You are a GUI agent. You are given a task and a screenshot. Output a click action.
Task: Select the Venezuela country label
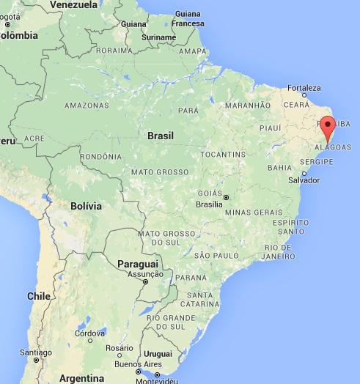[73, 5]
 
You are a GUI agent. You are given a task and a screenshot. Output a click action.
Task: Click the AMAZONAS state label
[87, 106]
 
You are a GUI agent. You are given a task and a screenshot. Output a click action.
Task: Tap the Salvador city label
[304, 180]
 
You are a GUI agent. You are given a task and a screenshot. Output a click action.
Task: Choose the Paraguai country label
[137, 263]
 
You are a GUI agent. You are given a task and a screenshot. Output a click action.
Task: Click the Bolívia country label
[85, 206]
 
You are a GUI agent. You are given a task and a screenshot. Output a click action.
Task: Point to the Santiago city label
[36, 352]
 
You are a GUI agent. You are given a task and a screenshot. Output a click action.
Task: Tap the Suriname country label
[158, 37]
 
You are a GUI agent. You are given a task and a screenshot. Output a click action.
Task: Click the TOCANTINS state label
[223, 155]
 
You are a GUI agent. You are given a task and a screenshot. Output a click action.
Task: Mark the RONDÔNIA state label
[100, 156]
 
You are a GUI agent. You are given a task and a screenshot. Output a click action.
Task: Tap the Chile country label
[38, 296]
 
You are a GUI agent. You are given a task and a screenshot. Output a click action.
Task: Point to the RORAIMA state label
[113, 51]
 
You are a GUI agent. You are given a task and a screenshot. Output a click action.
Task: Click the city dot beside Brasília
[227, 197]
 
